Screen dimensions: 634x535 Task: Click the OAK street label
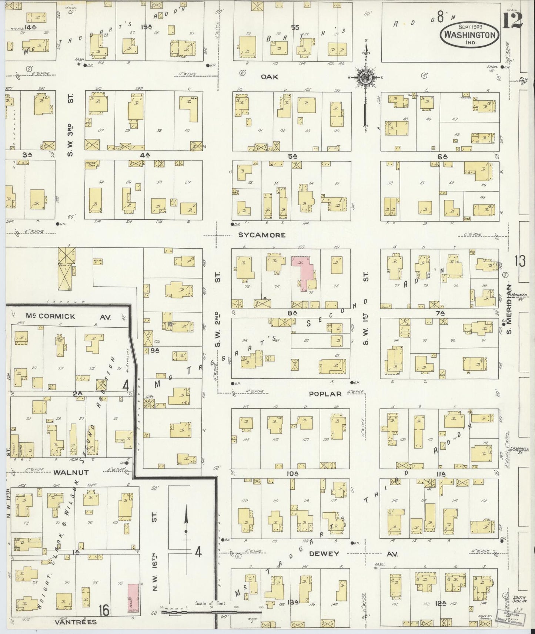click(x=269, y=77)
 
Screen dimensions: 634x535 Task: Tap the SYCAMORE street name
click(x=262, y=235)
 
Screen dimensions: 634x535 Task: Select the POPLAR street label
click(x=325, y=394)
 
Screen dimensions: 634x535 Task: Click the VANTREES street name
click(x=76, y=622)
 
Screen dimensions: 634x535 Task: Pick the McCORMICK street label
click(x=50, y=316)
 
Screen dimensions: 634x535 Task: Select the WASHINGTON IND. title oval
click(x=469, y=34)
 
